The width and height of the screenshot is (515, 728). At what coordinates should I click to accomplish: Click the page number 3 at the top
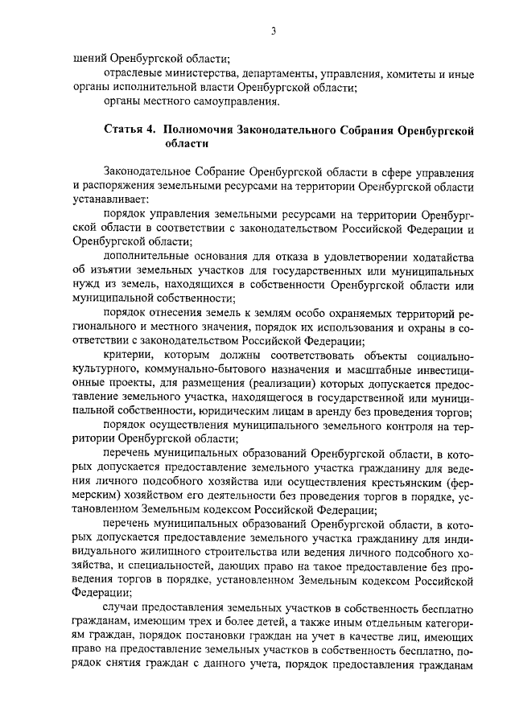click(x=273, y=31)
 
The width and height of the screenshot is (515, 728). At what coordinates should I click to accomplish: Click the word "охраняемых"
click(x=322, y=313)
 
